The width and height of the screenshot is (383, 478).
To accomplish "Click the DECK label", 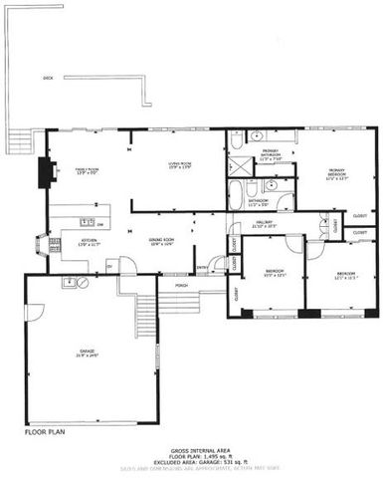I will coord(47,78).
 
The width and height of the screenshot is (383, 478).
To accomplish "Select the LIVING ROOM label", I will coord(179,166).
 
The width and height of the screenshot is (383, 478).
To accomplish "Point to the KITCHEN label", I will coord(89,242).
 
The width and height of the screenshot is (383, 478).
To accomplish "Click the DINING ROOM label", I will coord(161,242).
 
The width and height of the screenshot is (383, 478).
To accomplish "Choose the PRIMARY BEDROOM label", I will coord(341,174).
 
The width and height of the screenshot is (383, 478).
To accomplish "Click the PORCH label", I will coord(181,284).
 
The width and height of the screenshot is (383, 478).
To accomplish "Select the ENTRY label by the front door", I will coord(203,267).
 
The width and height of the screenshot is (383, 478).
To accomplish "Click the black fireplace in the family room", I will coord(44,173).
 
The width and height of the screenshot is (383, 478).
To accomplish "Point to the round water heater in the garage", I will coord(83,283).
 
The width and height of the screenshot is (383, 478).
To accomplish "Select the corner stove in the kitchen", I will coord(41,241).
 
